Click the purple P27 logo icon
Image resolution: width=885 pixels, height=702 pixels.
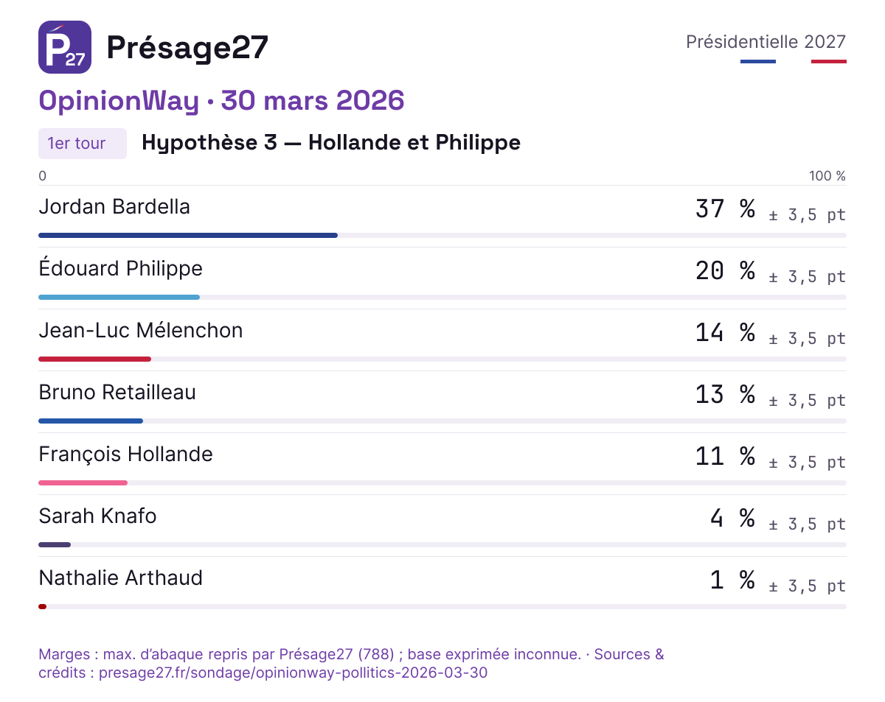(x=65, y=47)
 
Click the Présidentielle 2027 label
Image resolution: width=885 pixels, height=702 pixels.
(x=766, y=42)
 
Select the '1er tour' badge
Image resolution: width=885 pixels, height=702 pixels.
(x=83, y=144)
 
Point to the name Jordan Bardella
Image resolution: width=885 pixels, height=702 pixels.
(x=114, y=206)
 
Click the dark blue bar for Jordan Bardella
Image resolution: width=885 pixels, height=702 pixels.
(x=188, y=236)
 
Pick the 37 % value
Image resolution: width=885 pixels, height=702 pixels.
(x=726, y=208)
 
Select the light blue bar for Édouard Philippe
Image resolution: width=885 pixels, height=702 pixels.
(x=119, y=298)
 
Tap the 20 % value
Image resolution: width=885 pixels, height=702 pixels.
(x=726, y=270)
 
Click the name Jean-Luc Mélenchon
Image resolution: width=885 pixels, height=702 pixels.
(x=141, y=331)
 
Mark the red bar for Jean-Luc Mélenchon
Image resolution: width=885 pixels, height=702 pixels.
(x=95, y=359)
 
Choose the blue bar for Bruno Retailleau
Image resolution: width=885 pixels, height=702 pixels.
(x=91, y=421)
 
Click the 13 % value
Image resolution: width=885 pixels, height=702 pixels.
(x=726, y=394)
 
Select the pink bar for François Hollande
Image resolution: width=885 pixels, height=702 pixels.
(x=83, y=483)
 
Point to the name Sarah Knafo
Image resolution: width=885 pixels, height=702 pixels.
(x=97, y=516)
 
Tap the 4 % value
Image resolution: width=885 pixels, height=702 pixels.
(x=733, y=518)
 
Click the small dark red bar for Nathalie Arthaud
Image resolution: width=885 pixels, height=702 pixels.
(x=42, y=607)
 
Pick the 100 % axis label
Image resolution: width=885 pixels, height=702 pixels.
(x=827, y=176)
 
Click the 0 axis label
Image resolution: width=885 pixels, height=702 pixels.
(x=42, y=176)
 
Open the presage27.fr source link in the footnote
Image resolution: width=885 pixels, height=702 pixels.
(x=294, y=673)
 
